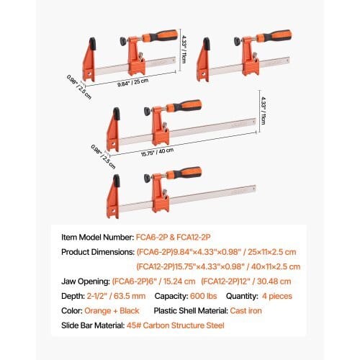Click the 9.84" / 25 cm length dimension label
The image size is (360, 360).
[x=132, y=83]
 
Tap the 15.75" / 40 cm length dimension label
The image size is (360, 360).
[x=157, y=153]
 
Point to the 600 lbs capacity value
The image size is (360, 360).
[x=204, y=296]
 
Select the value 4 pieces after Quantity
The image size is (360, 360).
[x=277, y=296]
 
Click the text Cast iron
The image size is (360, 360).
[x=246, y=310]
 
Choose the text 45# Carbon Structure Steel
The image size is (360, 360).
[x=176, y=325]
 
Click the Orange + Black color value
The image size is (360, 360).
[x=112, y=310]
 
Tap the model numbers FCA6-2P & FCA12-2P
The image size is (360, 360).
[x=173, y=237]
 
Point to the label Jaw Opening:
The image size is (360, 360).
[x=86, y=282]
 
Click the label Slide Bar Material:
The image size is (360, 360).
[x=93, y=325]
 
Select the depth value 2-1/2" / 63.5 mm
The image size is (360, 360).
[x=116, y=296]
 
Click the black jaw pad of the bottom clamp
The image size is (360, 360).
[x=117, y=181]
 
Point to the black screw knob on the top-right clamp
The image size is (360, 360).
[x=237, y=42]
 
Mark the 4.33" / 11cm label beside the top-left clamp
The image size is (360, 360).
[x=184, y=50]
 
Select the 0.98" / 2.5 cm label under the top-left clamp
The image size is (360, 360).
[x=79, y=87]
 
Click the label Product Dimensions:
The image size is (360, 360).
[x=98, y=252]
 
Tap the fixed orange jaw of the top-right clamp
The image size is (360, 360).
[x=203, y=63]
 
